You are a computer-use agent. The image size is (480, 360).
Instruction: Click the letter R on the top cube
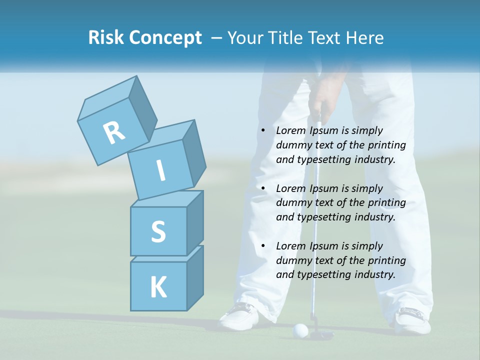[x=114, y=133]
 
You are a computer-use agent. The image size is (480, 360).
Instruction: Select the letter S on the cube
[x=158, y=231]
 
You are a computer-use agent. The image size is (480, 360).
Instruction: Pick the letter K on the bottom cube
[x=158, y=287]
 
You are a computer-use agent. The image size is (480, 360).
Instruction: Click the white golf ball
[x=300, y=329]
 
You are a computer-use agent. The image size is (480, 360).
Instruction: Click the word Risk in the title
[x=106, y=38]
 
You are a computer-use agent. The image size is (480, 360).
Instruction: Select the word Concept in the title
[x=166, y=38]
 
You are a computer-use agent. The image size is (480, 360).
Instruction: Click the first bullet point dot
[x=263, y=131]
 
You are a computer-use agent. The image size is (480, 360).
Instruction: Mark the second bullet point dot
[x=263, y=189]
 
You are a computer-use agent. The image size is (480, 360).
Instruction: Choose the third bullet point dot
[x=263, y=246]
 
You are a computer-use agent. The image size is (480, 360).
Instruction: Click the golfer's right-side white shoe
[x=412, y=320]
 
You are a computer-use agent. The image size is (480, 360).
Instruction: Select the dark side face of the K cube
[x=195, y=277]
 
